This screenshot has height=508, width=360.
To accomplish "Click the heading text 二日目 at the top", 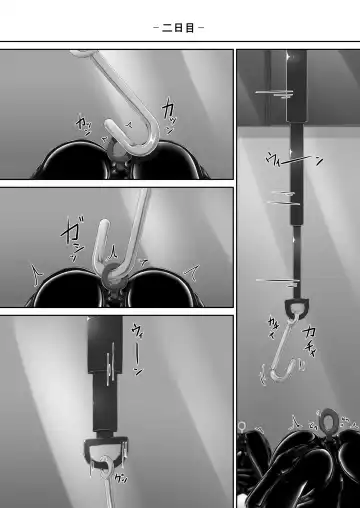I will [180, 27].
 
